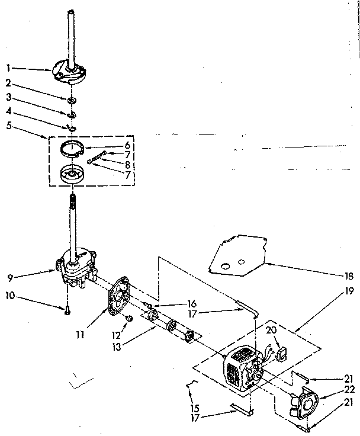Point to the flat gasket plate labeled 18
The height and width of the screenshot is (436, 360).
(x=231, y=256)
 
